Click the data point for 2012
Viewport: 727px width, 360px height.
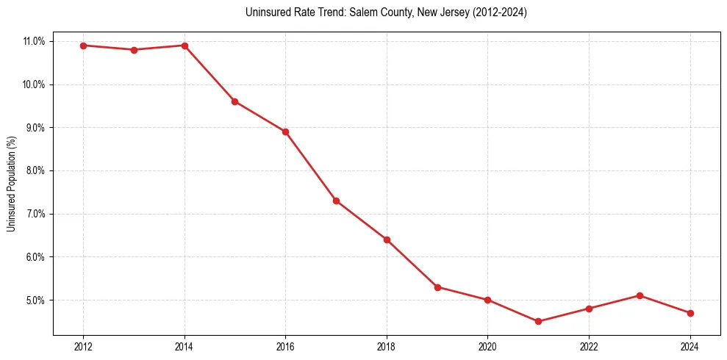pyautogui.click(x=83, y=46)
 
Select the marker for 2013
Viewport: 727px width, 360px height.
pyautogui.click(x=134, y=50)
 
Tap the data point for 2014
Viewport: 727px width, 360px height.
pyautogui.click(x=185, y=46)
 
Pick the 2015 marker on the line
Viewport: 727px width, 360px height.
pyautogui.click(x=234, y=101)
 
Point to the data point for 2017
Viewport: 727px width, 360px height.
pyautogui.click(x=336, y=201)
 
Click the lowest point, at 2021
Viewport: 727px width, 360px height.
pyautogui.click(x=538, y=321)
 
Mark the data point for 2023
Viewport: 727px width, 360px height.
pyautogui.click(x=640, y=295)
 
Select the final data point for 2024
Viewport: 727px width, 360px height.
pyautogui.click(x=690, y=313)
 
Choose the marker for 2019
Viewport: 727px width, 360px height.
pyautogui.click(x=437, y=287)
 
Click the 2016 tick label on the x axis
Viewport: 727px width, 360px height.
pyautogui.click(x=285, y=346)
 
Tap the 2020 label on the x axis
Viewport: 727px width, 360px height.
pyautogui.click(x=487, y=346)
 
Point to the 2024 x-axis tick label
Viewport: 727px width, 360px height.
pyautogui.click(x=690, y=346)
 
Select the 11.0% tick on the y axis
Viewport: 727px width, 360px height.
pyautogui.click(x=35, y=41)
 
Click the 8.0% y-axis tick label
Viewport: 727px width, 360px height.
pyautogui.click(x=35, y=170)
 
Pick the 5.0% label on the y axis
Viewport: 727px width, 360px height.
pyautogui.click(x=35, y=300)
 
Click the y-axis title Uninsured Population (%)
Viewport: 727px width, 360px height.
pyautogui.click(x=11, y=184)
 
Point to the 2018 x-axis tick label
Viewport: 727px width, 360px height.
pyautogui.click(x=387, y=346)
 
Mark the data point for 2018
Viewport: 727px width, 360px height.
pyautogui.click(x=387, y=240)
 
